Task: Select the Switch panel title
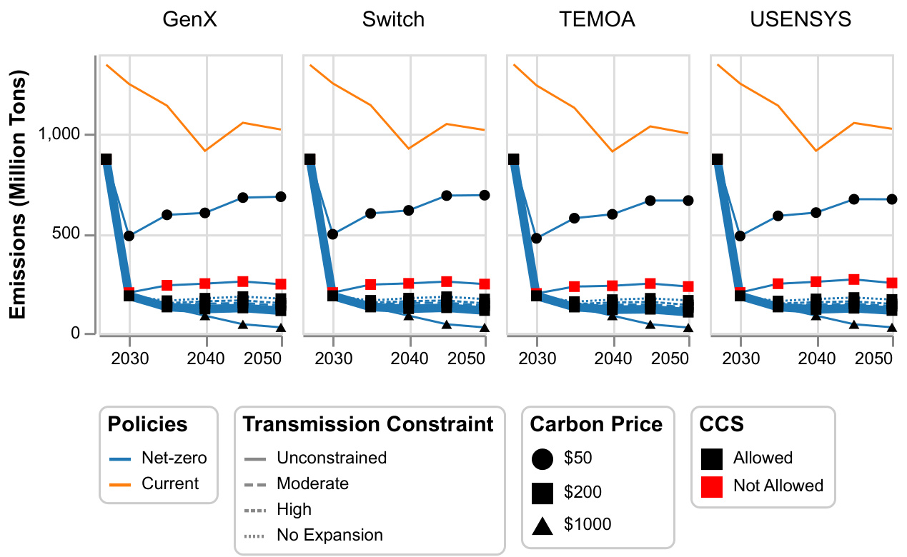pyautogui.click(x=393, y=19)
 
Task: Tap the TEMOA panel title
pyautogui.click(x=597, y=19)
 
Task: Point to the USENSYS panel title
pyautogui.click(x=801, y=19)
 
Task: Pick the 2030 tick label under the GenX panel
pyautogui.click(x=129, y=356)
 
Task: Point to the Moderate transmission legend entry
pyautogui.click(x=312, y=483)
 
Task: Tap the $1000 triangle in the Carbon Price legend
pyautogui.click(x=542, y=526)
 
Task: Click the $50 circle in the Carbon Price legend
pyautogui.click(x=542, y=458)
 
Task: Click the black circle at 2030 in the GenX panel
pyautogui.click(x=129, y=236)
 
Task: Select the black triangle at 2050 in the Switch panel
pyautogui.click(x=485, y=327)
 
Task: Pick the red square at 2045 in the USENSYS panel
pyautogui.click(x=853, y=280)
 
